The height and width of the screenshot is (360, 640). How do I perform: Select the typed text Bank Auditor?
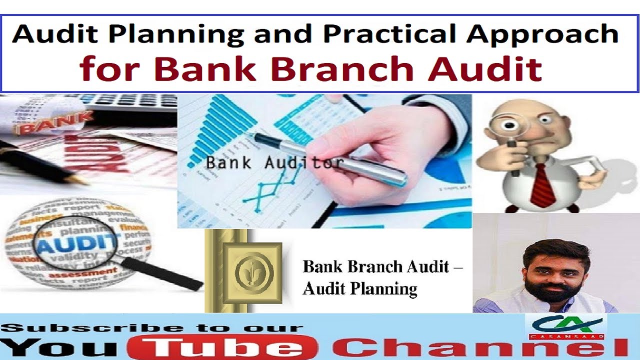click(x=274, y=162)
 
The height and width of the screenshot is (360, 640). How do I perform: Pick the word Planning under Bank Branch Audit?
click(x=385, y=289)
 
